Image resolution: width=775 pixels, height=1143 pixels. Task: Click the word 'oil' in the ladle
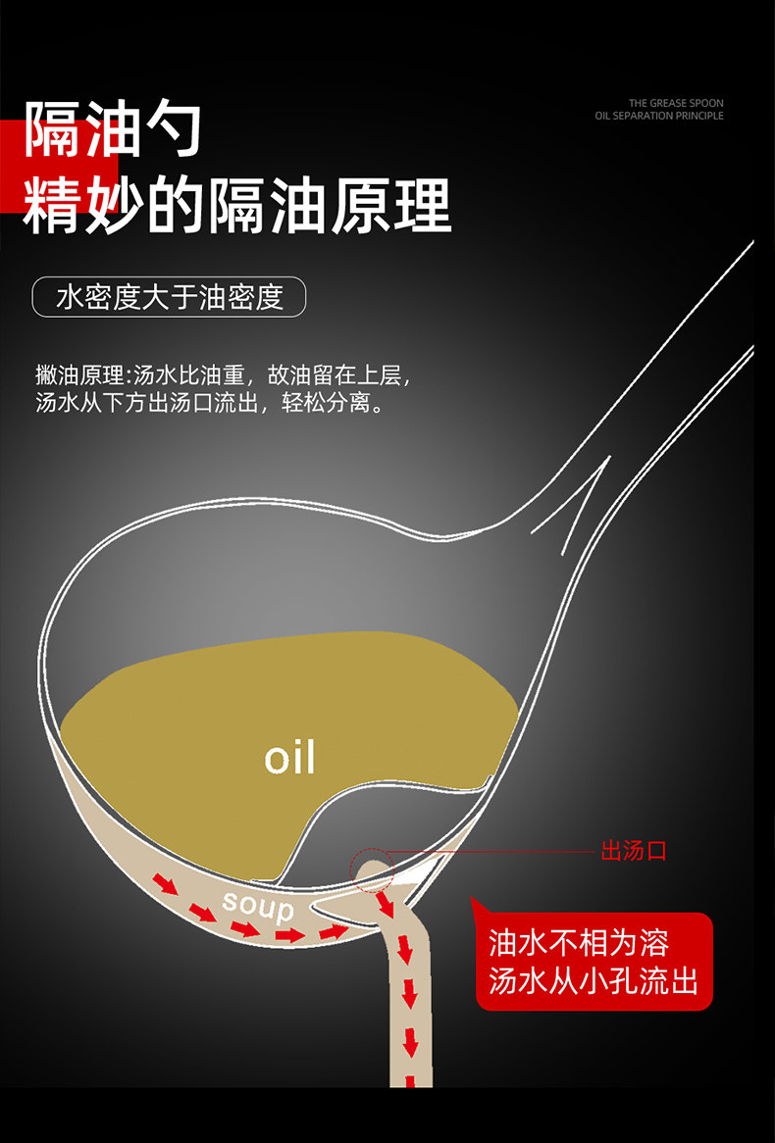click(289, 758)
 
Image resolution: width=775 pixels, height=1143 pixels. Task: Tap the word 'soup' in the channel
click(258, 906)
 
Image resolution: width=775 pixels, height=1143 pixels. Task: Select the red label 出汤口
click(634, 850)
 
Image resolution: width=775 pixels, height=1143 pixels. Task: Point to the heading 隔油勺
click(113, 127)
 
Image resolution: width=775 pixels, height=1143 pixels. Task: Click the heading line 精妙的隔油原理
click(237, 205)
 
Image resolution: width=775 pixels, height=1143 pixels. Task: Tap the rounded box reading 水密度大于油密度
click(170, 297)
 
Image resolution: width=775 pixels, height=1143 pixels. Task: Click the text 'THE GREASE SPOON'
click(676, 103)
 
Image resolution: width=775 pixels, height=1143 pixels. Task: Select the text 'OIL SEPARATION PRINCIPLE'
click(659, 116)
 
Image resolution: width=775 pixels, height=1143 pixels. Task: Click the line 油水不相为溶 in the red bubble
click(579, 943)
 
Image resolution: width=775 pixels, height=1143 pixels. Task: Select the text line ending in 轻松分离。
click(209, 402)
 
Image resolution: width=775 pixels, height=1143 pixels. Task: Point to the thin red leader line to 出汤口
click(491, 851)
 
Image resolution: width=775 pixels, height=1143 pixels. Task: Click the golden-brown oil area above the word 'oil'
click(294, 686)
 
